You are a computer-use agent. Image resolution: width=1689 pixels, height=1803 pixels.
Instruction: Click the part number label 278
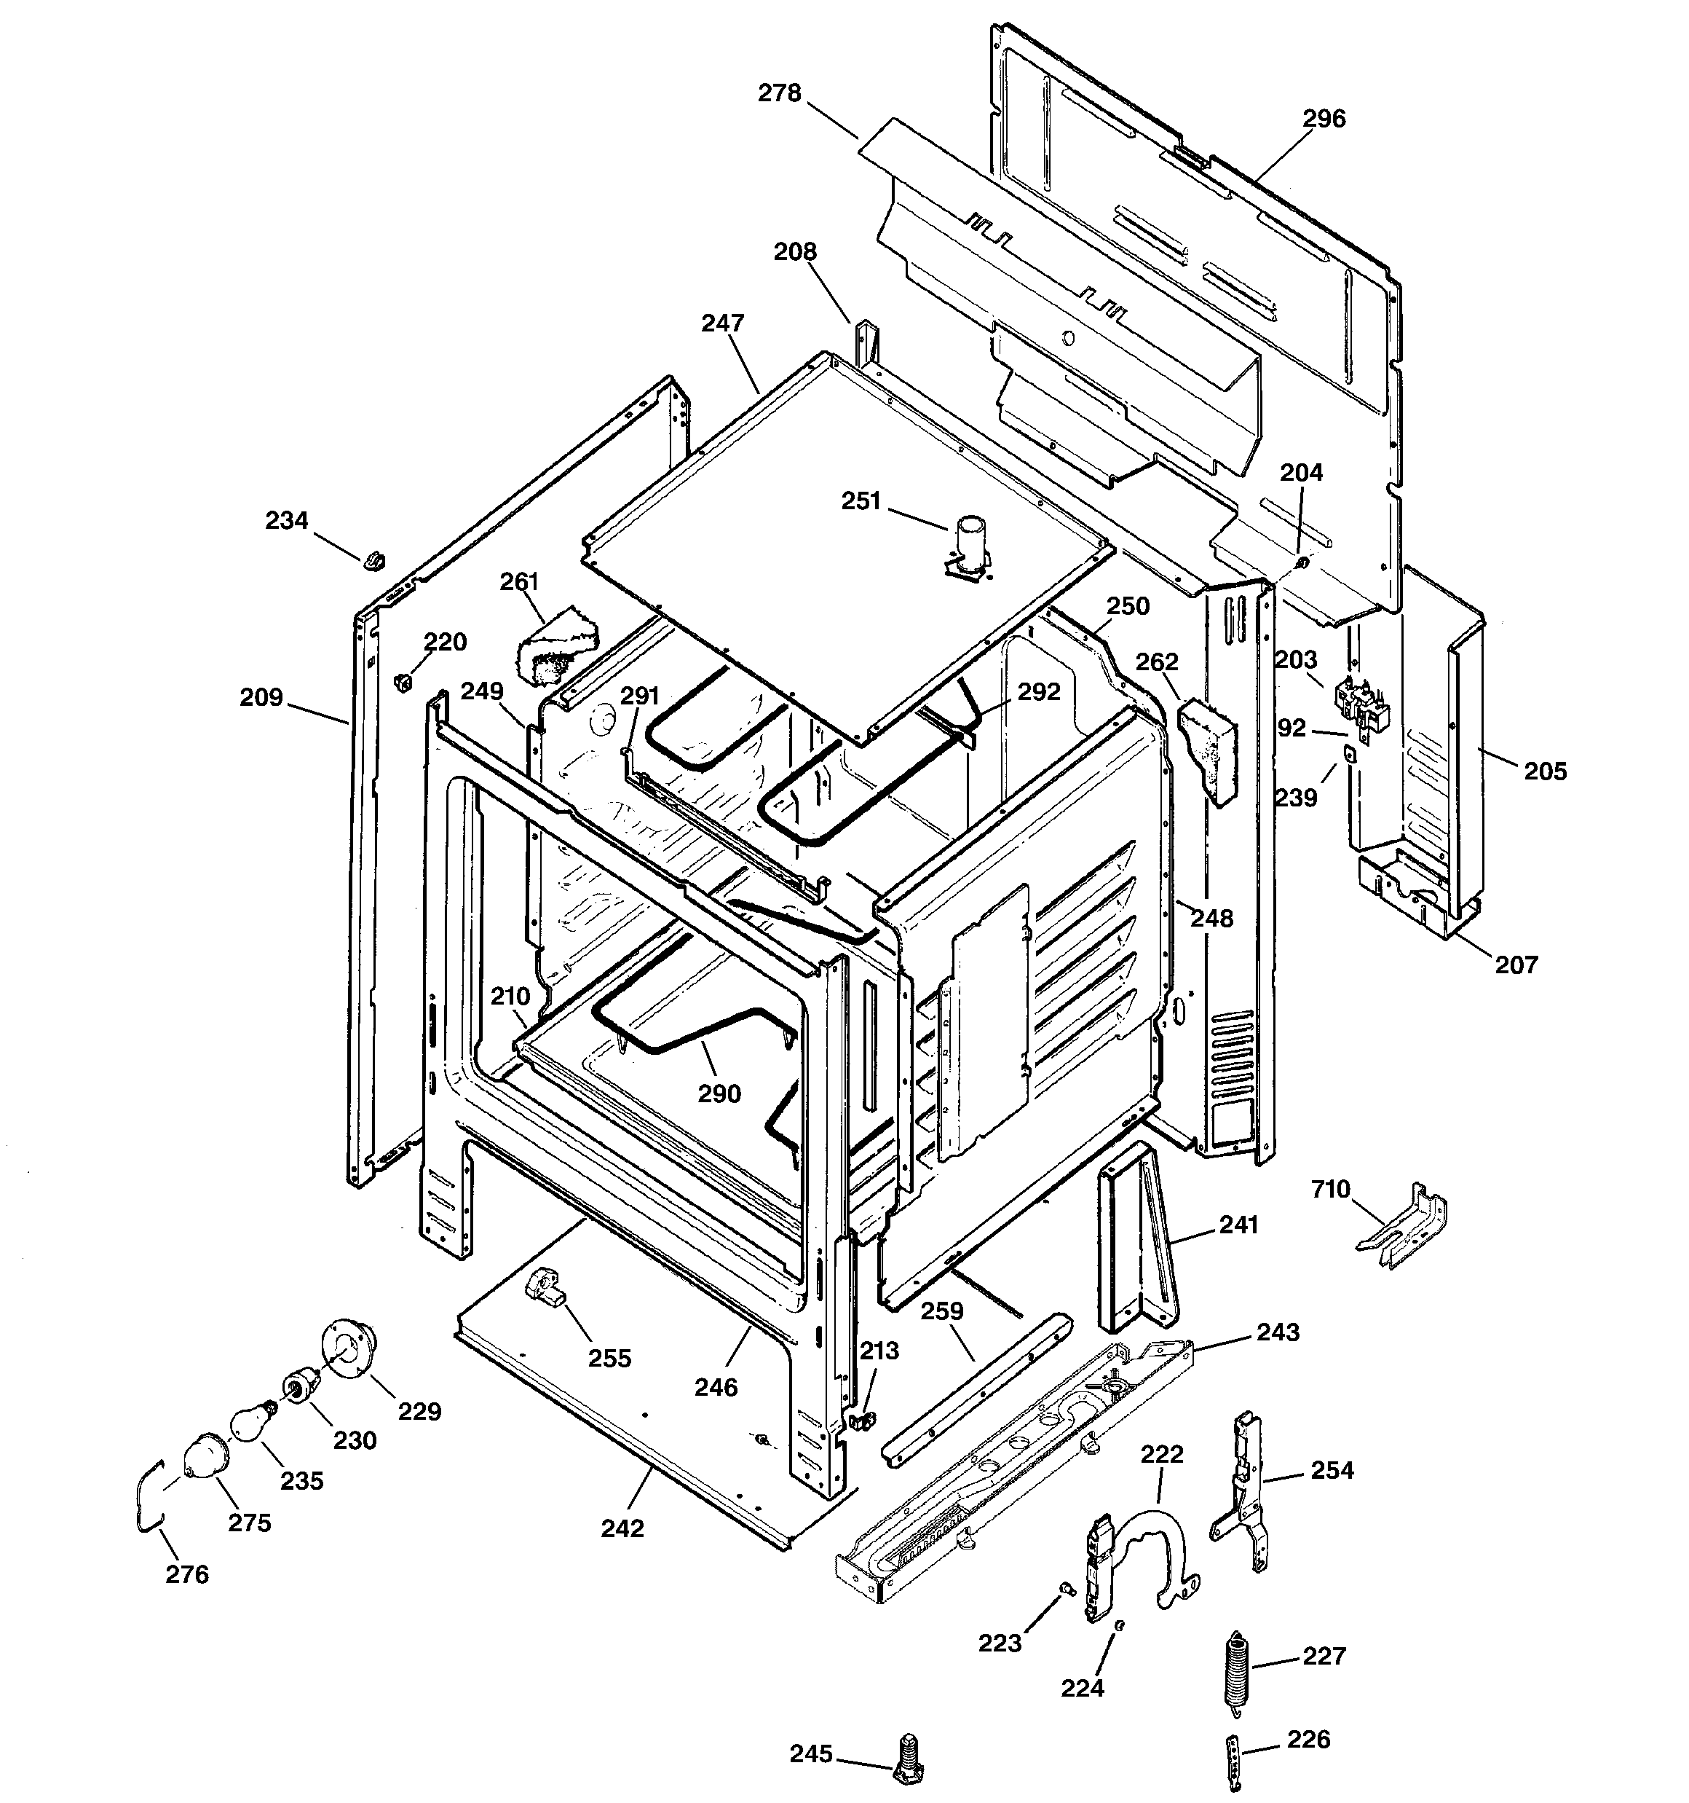click(x=779, y=93)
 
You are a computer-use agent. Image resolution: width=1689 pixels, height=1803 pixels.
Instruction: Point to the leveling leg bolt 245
click(x=906, y=1762)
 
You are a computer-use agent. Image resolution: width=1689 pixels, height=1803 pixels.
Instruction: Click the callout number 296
click(x=1324, y=119)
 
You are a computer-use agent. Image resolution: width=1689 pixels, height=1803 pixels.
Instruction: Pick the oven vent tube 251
click(x=969, y=544)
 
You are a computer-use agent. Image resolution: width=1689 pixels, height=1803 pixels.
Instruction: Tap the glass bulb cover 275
click(x=204, y=1456)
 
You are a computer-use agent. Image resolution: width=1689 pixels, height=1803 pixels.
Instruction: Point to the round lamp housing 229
click(x=347, y=1348)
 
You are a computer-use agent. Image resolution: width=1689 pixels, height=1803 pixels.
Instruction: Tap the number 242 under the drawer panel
click(x=622, y=1528)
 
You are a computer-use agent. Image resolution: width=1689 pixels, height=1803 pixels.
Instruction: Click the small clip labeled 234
click(x=373, y=560)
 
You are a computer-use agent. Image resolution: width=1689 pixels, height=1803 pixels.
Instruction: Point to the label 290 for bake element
click(x=719, y=1093)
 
